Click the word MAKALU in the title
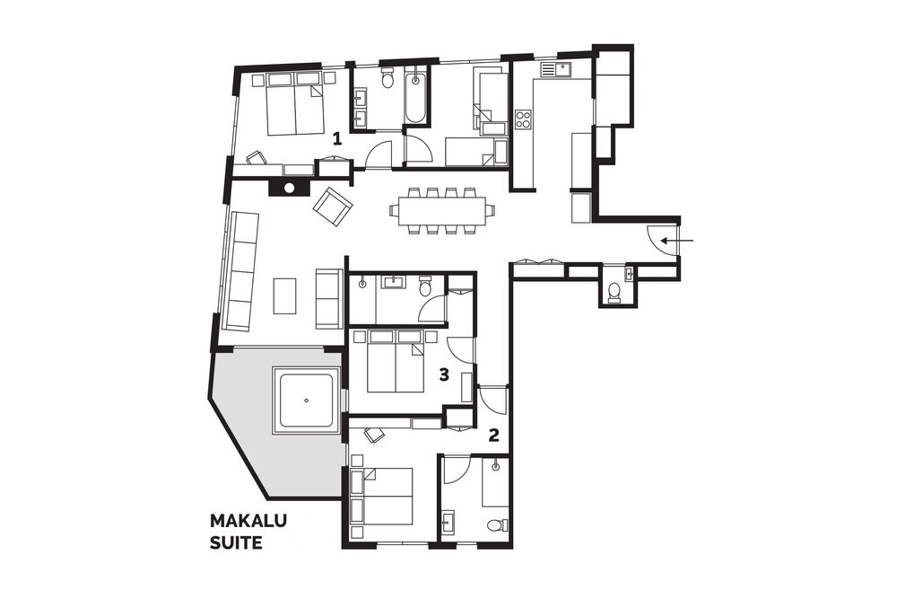(x=248, y=521)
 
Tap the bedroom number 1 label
(x=337, y=138)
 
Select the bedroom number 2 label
(x=493, y=436)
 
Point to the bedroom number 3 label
(x=444, y=374)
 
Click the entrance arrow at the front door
(x=677, y=241)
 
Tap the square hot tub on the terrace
(x=307, y=401)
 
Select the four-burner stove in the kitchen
(x=523, y=119)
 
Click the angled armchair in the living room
(x=333, y=207)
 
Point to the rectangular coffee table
(x=285, y=295)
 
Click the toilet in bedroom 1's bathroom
(x=388, y=78)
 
